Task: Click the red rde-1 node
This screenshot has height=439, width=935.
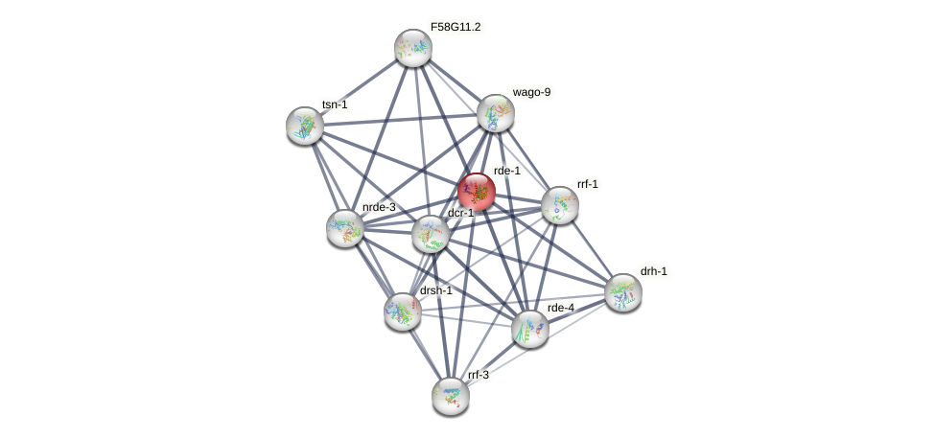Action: point(476,192)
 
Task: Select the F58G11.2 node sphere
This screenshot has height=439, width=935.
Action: point(413,48)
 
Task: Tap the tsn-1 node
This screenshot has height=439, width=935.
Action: point(305,126)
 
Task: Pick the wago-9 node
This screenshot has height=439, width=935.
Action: point(496,113)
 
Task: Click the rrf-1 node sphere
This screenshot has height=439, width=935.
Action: point(560,205)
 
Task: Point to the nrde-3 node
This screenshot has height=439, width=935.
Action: point(345,228)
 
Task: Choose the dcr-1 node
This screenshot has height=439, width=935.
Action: point(431,233)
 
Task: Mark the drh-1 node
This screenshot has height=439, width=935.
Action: point(623,292)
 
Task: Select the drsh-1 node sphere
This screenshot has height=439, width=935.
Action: point(403,311)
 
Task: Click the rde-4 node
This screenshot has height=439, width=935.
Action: point(529,328)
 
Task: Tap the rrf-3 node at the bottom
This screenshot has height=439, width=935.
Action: point(450,395)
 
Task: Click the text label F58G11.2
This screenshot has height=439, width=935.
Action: point(456,27)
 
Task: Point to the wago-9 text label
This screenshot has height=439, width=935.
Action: point(531,92)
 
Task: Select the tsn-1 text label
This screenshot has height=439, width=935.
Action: point(335,104)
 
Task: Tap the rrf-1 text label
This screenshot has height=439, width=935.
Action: point(588,183)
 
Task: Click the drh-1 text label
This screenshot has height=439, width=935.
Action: point(654,271)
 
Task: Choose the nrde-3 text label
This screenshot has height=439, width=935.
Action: point(379,207)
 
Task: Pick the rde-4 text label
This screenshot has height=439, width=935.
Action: point(560,308)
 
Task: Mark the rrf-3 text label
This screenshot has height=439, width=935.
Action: point(478,375)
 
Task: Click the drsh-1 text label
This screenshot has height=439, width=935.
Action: point(435,290)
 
